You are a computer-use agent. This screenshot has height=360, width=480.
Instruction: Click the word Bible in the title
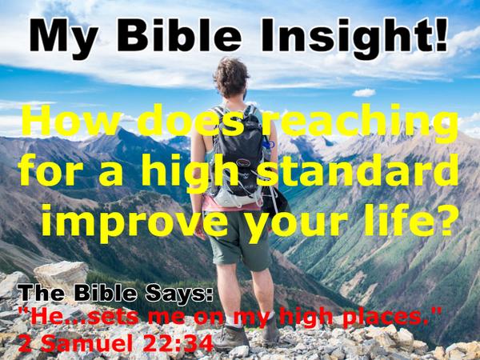(x=179, y=34)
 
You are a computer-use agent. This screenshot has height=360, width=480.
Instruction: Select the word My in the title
(x=64, y=38)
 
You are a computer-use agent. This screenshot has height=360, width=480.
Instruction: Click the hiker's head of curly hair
(x=231, y=78)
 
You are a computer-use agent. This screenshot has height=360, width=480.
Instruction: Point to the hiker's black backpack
(x=238, y=154)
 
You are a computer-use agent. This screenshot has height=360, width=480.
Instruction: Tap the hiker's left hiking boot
(x=231, y=338)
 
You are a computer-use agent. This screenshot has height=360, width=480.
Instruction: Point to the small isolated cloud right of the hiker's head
(x=364, y=93)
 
